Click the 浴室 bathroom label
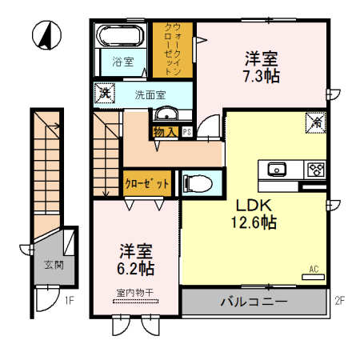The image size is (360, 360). tap(122, 62)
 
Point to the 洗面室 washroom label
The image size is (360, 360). tap(150, 94)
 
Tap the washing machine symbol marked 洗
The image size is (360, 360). tap(104, 93)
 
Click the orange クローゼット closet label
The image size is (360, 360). tap(146, 183)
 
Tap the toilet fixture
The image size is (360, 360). tap(195, 184)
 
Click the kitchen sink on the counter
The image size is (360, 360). tap(278, 169)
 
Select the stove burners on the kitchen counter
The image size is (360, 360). tap(314, 169)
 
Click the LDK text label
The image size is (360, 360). tap(250, 202)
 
